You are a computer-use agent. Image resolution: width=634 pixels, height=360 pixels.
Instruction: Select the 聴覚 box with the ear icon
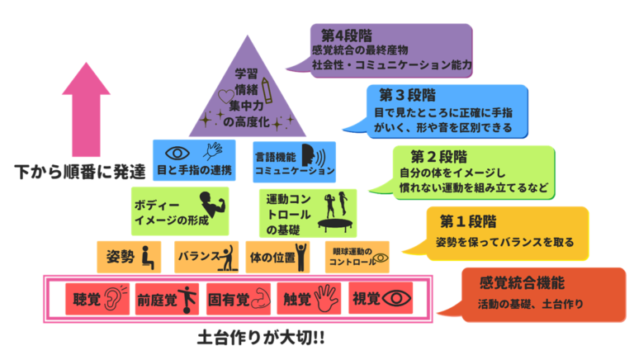pyautogui.click(x=96, y=298)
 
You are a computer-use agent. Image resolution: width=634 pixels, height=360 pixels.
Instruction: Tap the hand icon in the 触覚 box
pyautogui.click(x=326, y=297)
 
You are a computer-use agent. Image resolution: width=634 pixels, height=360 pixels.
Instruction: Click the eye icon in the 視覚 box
pyautogui.click(x=398, y=298)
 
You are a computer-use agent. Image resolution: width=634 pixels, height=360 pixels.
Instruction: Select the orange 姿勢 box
pyautogui.click(x=128, y=257)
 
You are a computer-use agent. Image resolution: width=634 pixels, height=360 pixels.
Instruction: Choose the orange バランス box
pyautogui.click(x=206, y=257)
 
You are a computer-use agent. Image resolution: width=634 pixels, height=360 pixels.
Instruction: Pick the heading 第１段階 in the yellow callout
pyautogui.click(x=467, y=220)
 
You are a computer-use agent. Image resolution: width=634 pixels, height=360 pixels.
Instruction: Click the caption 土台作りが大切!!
pyautogui.click(x=256, y=339)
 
